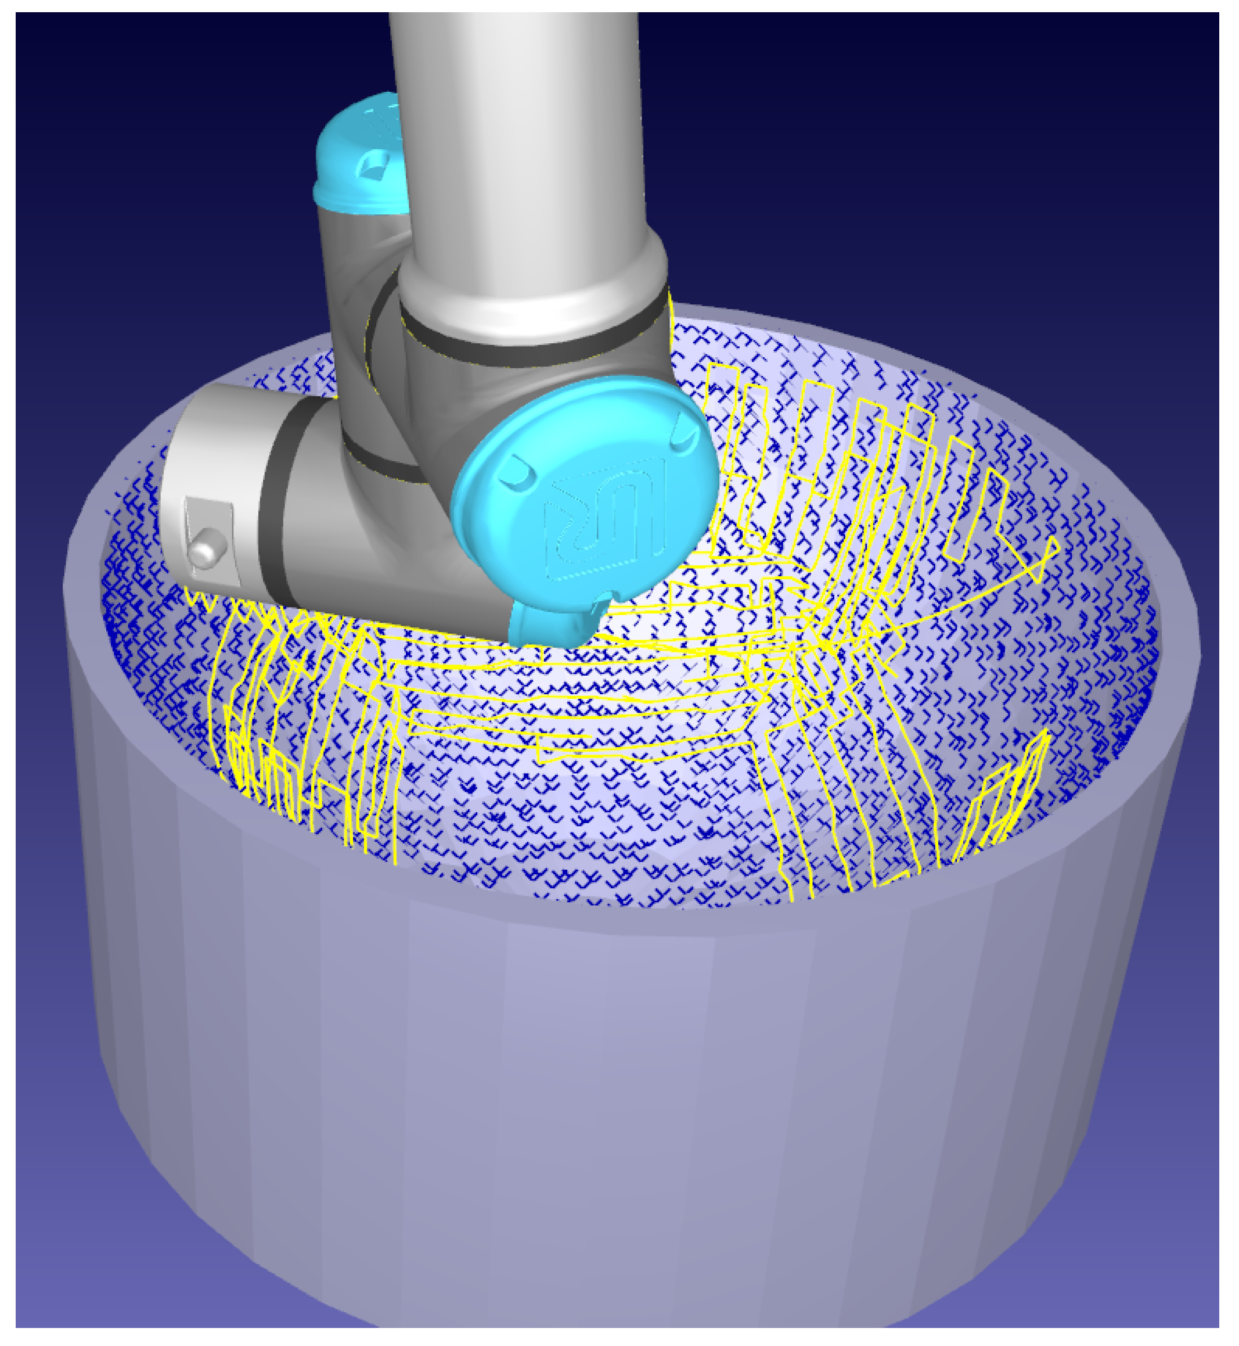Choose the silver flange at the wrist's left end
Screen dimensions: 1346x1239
click(x=208, y=483)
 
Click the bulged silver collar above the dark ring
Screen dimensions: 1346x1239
click(x=536, y=288)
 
